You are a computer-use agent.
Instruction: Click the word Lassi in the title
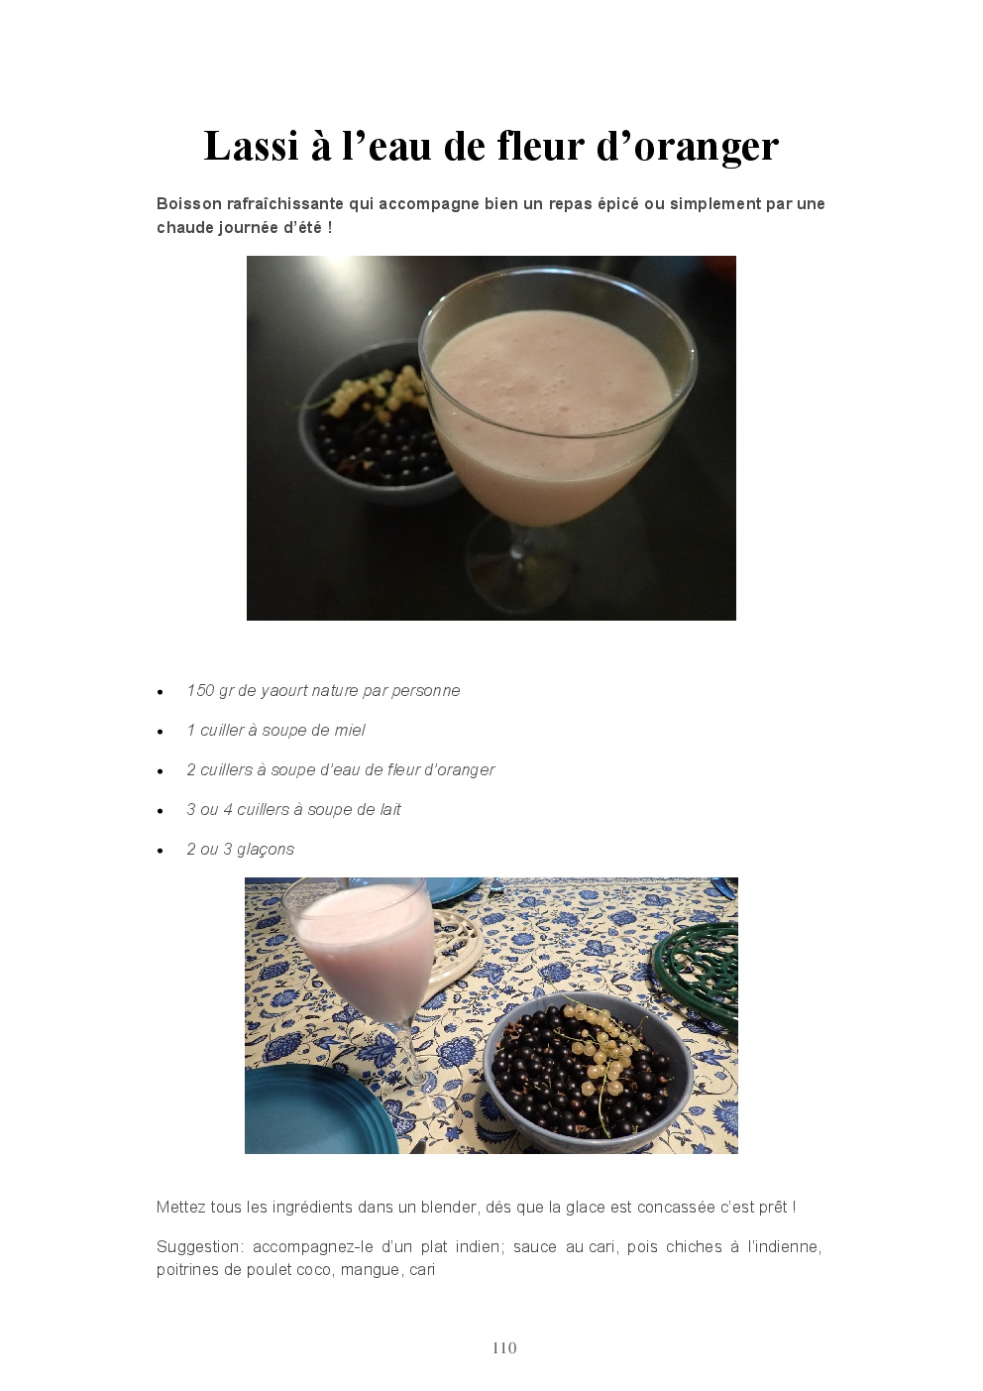(251, 146)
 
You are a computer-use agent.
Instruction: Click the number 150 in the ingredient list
(200, 690)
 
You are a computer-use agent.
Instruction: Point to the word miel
(350, 731)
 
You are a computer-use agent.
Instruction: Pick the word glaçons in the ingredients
(265, 850)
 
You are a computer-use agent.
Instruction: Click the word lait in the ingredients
(388, 810)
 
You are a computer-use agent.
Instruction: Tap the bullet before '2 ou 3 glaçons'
(161, 851)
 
